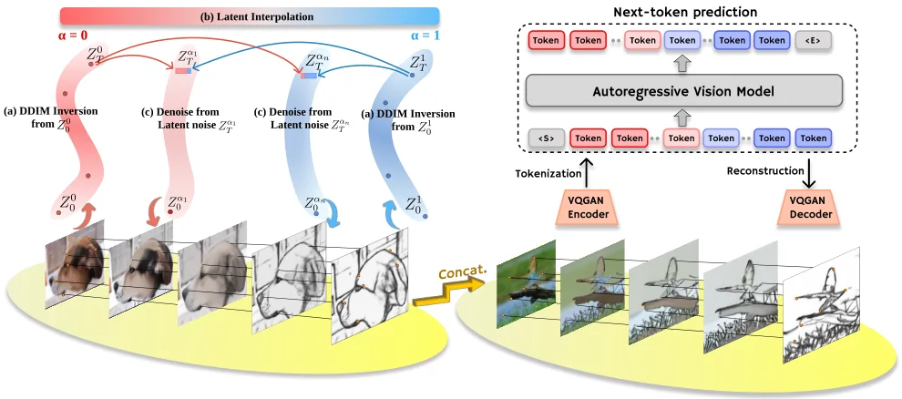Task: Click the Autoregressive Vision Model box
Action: tap(684, 91)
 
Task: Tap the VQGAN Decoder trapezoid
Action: tap(811, 208)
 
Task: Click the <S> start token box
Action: tap(546, 138)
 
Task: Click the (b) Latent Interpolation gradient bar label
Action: tap(257, 16)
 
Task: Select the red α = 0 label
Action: tap(73, 36)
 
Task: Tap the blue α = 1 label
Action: tap(426, 36)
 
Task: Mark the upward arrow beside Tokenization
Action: tap(587, 174)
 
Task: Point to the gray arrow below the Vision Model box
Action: tap(682, 118)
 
